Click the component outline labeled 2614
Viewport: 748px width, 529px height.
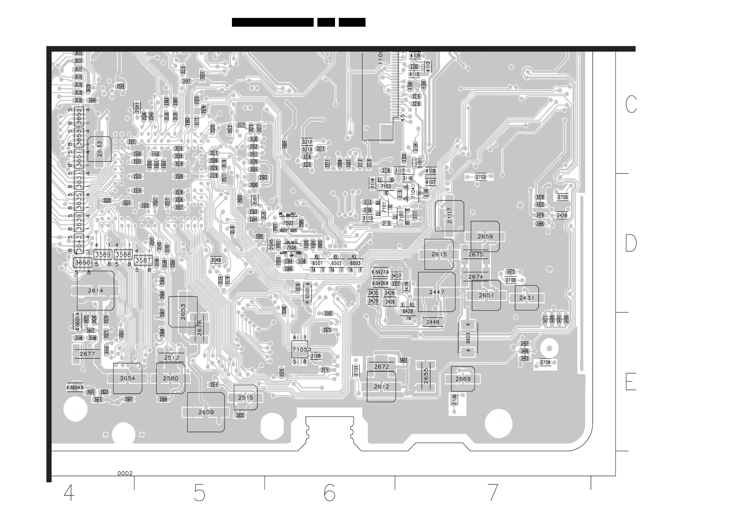[x=96, y=291]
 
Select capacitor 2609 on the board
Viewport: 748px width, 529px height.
[x=206, y=412]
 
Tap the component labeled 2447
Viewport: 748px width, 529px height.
[x=437, y=292]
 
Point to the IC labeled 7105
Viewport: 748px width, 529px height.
[x=300, y=350]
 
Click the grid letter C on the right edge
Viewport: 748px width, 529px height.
[x=631, y=104]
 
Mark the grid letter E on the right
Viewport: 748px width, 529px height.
[x=631, y=382]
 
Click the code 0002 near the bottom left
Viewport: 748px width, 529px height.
[x=125, y=473]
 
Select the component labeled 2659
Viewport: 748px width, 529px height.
[x=485, y=237]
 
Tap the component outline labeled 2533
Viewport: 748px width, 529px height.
[x=99, y=149]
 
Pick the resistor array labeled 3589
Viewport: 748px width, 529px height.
[x=103, y=254]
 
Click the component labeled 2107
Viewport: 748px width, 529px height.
[x=449, y=215]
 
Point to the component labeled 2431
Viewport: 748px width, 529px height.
[x=527, y=298]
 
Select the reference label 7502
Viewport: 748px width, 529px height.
[x=288, y=223]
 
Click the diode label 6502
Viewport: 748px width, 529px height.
[x=336, y=263]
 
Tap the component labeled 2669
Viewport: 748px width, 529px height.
[x=463, y=379]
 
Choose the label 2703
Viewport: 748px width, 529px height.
[x=481, y=177]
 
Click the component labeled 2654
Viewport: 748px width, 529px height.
[x=127, y=378]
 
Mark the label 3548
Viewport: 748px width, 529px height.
[x=216, y=260]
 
